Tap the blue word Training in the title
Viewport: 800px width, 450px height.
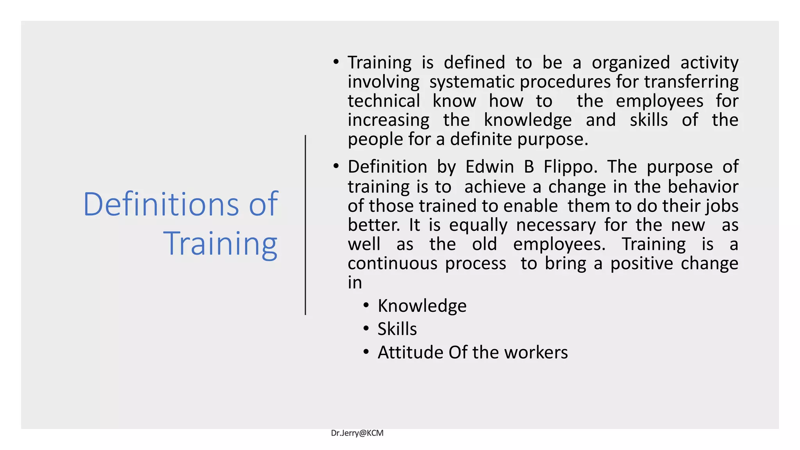[x=220, y=244]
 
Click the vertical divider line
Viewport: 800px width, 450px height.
[x=305, y=225]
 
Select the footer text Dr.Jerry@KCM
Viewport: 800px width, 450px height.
[x=357, y=433]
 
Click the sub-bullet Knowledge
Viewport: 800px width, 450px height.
[x=422, y=306]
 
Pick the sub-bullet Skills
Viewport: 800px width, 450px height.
[x=397, y=329]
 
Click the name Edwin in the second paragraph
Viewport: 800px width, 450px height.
[x=489, y=167]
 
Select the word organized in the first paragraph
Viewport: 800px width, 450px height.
[x=630, y=63]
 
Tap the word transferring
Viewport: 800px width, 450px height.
[x=691, y=82]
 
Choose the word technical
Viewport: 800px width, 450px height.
[x=384, y=101]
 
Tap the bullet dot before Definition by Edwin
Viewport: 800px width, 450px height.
[x=336, y=166]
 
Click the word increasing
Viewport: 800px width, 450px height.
[x=388, y=120]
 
